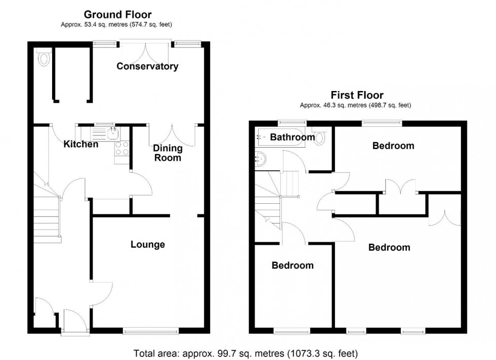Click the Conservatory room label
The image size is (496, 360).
tap(147, 66)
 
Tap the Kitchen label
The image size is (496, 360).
tap(80, 145)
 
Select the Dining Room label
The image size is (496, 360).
tap(167, 153)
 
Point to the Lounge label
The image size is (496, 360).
tap(148, 245)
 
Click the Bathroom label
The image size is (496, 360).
tap(292, 137)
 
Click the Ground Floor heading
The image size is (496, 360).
tap(117, 15)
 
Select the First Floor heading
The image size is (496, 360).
tap(357, 95)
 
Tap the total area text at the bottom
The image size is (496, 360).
tap(246, 352)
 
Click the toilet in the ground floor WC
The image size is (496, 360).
tap(44, 59)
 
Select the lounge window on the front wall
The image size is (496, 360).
tap(150, 331)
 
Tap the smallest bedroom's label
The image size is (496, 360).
tap(293, 265)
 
